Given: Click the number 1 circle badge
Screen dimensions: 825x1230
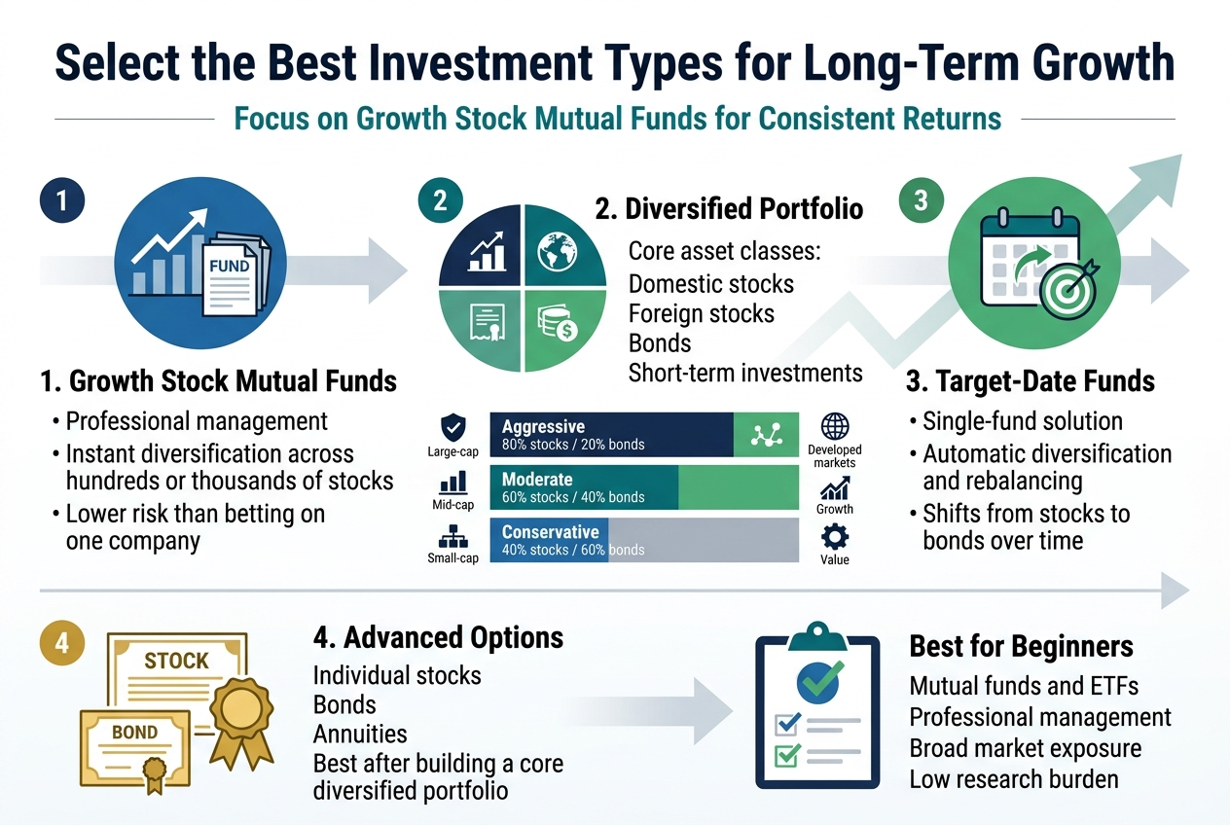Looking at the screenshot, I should (62, 201).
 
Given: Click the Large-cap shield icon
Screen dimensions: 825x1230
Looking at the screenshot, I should (453, 428).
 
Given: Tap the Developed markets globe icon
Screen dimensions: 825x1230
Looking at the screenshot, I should (835, 427).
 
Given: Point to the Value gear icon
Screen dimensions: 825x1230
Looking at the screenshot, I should (835, 536).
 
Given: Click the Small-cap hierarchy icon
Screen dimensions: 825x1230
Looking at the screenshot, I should (453, 535).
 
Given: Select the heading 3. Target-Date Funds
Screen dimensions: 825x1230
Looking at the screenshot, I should (1031, 380).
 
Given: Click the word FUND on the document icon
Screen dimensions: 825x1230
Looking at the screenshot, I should (230, 266).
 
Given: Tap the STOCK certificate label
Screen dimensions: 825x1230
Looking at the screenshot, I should (176, 662).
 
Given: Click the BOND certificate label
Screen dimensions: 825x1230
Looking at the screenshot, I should (135, 733).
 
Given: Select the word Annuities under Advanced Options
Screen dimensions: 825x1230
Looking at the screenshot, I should (360, 734).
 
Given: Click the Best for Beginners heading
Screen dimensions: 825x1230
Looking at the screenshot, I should (1021, 646).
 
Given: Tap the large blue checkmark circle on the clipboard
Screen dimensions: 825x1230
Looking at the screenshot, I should (819, 682).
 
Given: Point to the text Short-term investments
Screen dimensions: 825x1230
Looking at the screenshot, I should (745, 372).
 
